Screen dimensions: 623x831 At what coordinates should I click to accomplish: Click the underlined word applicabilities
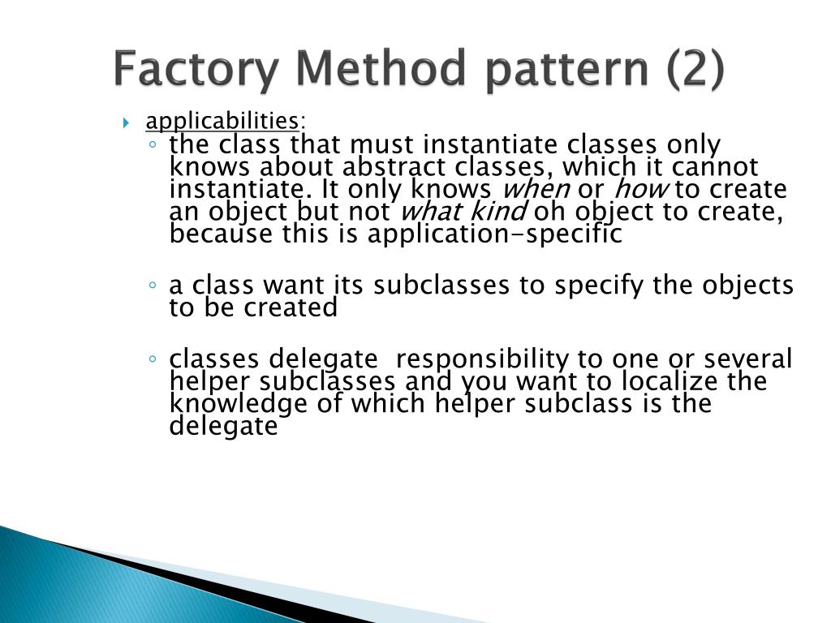click(222, 122)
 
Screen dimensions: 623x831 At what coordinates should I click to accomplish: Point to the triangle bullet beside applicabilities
click(127, 123)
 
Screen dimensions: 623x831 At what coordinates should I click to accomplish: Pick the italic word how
click(641, 190)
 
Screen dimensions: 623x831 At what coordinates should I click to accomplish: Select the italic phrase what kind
click(464, 212)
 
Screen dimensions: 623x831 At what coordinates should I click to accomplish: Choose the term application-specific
click(494, 234)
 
